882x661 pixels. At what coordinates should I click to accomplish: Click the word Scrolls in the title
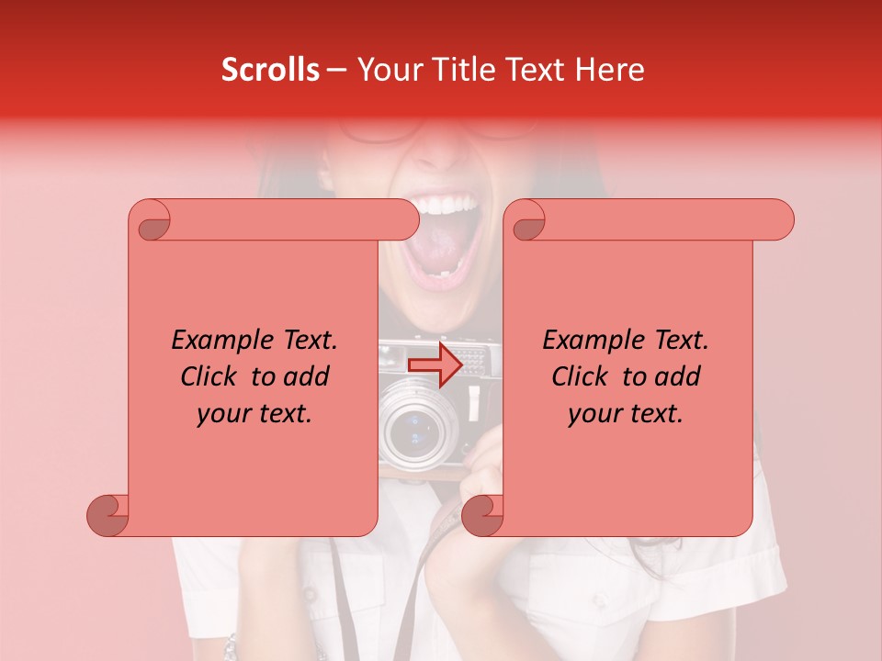(x=271, y=70)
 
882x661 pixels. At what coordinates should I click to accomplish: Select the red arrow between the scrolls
(x=436, y=364)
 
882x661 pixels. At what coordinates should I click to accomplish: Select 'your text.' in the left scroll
(x=254, y=413)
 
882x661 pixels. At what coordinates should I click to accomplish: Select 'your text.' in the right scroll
(x=626, y=413)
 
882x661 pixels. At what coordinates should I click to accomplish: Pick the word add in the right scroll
(x=676, y=376)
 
